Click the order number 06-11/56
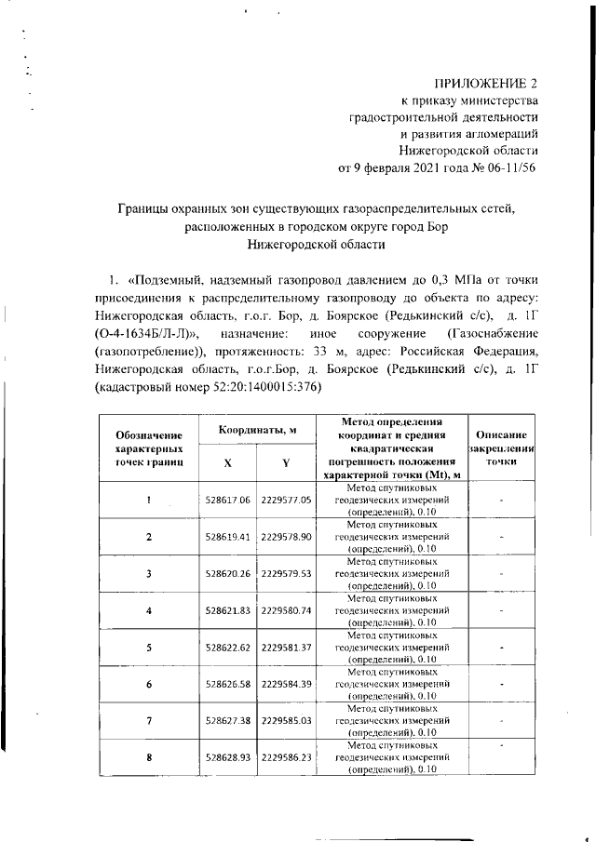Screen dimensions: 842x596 click(x=507, y=168)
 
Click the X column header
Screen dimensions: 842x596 click(x=228, y=463)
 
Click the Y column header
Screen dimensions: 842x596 click(x=286, y=463)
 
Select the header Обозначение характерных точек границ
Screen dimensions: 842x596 click(x=149, y=448)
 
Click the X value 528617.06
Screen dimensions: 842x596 click(x=228, y=500)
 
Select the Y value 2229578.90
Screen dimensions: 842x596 click(x=286, y=537)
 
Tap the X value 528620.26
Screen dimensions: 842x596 click(x=228, y=573)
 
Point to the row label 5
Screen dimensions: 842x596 click(x=149, y=647)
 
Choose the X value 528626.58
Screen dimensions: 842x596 click(x=228, y=684)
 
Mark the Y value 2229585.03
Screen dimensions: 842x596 click(x=286, y=720)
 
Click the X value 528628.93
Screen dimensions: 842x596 click(x=228, y=757)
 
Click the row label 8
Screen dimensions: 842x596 click(x=149, y=757)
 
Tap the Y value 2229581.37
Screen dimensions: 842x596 click(x=286, y=647)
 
